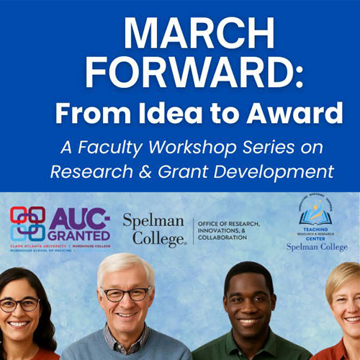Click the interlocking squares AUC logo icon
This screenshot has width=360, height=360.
[27, 224]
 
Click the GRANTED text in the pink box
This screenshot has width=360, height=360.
[80, 235]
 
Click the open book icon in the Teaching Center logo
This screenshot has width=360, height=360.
[316, 214]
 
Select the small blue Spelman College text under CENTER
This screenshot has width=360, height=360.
[316, 247]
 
